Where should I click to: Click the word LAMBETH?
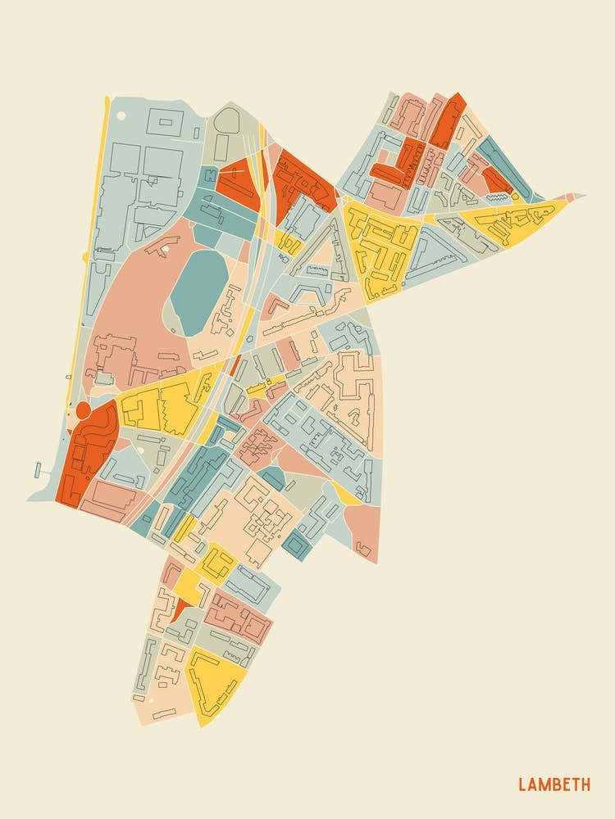[553, 785]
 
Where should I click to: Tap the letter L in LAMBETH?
[522, 785]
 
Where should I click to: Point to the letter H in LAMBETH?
[585, 785]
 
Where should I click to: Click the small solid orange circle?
[83, 409]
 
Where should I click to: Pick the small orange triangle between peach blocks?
[178, 611]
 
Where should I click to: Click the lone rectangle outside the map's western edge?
[38, 469]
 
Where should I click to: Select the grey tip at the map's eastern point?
[577, 196]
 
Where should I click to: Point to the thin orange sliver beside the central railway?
[235, 364]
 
